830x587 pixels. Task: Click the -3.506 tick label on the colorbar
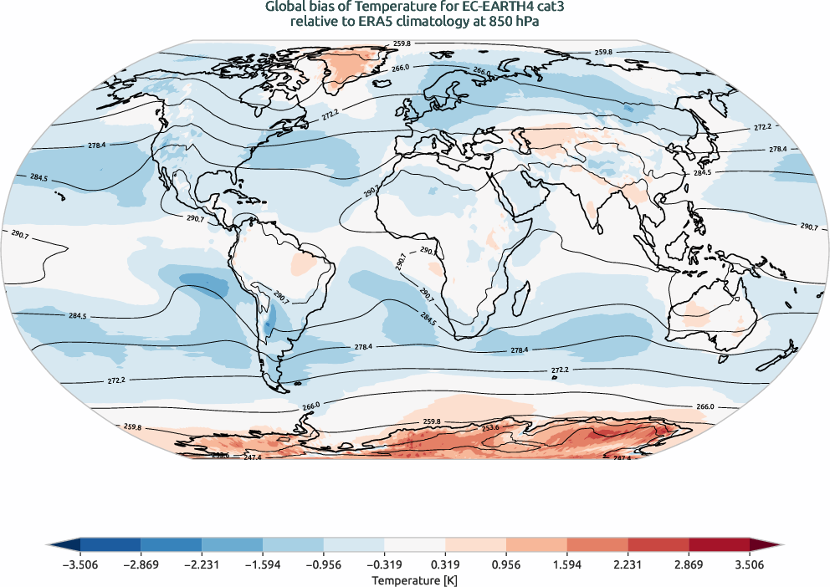[79, 564]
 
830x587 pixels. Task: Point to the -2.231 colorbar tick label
[202, 564]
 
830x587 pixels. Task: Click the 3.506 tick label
[750, 564]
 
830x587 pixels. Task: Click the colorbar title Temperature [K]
[414, 579]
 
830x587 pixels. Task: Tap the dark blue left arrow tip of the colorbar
[53, 544]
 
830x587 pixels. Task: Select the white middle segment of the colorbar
[414, 544]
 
